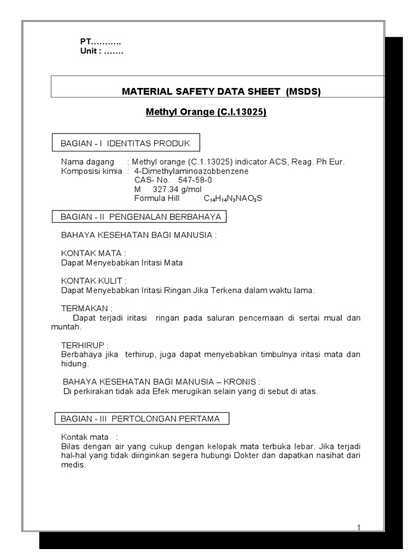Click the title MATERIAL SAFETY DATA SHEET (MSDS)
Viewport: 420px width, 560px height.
tap(220, 91)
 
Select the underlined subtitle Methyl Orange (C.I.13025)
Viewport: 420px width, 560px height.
tap(206, 113)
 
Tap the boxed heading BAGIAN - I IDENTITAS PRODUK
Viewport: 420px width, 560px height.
tap(125, 143)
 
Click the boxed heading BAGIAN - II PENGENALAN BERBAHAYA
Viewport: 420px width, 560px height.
tap(141, 217)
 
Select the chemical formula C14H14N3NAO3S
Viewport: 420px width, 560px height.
tap(233, 198)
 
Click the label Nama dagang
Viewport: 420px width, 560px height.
tap(87, 162)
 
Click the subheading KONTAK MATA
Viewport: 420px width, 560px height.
tap(93, 253)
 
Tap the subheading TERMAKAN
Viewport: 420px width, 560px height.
tap(86, 308)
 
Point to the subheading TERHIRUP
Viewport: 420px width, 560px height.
tap(84, 345)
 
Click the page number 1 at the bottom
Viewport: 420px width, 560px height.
tap(359, 527)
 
